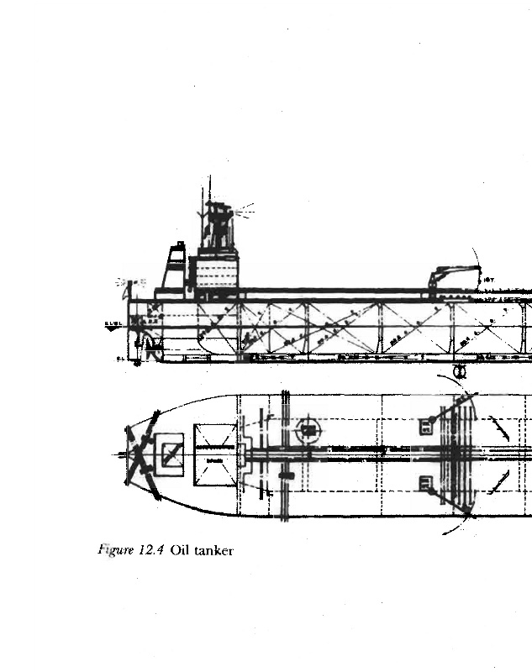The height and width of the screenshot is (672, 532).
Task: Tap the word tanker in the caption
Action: tap(213, 551)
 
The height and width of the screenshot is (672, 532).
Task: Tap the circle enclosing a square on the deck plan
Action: tap(308, 430)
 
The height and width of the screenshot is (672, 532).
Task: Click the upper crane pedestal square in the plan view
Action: tap(425, 426)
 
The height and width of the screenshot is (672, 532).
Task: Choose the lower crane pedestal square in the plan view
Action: tap(425, 483)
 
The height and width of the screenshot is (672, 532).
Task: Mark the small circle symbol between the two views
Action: tap(460, 370)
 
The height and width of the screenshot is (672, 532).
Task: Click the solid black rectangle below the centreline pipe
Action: tap(286, 475)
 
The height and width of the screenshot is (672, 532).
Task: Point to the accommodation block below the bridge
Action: tap(218, 272)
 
